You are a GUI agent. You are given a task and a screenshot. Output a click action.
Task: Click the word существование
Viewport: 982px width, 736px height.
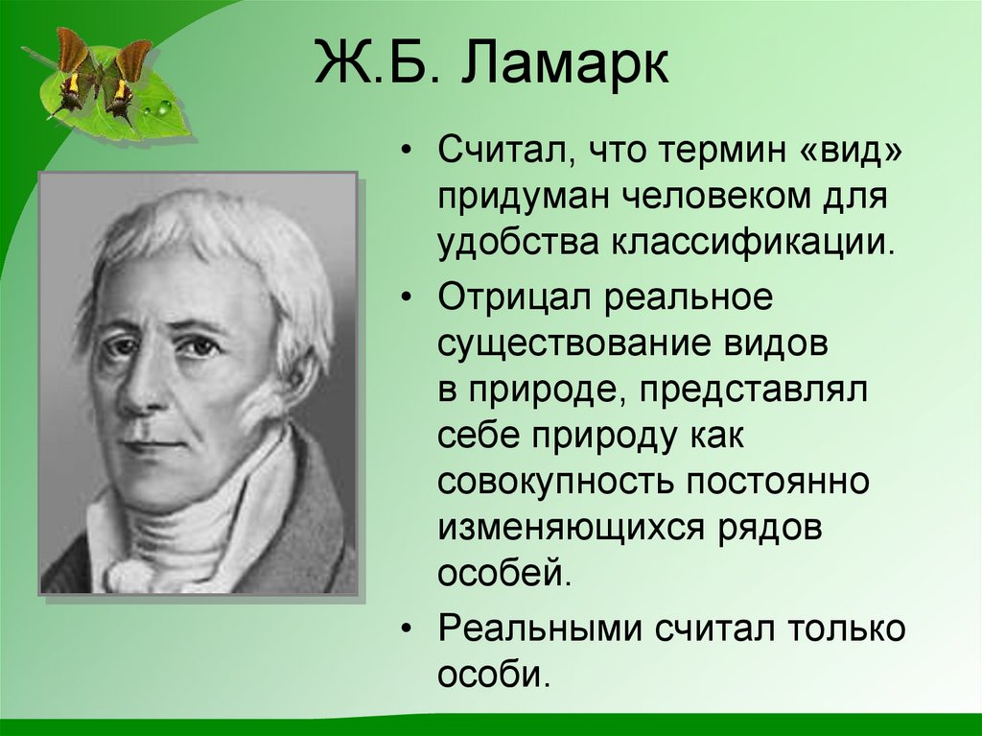(x=573, y=343)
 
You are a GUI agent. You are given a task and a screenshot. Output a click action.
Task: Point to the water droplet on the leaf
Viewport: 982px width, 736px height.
(x=166, y=108)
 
